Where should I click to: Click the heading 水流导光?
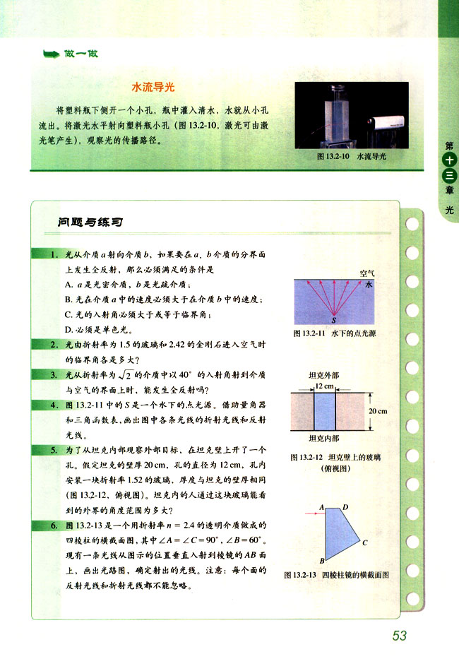(153, 88)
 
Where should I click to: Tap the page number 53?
(400, 636)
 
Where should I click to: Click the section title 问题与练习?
(90, 222)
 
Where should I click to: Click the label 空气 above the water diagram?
(367, 272)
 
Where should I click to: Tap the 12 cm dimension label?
(325, 386)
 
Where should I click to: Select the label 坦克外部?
(325, 376)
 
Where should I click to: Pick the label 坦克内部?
(325, 439)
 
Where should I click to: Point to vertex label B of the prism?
(321, 561)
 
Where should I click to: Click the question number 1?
(54, 253)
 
